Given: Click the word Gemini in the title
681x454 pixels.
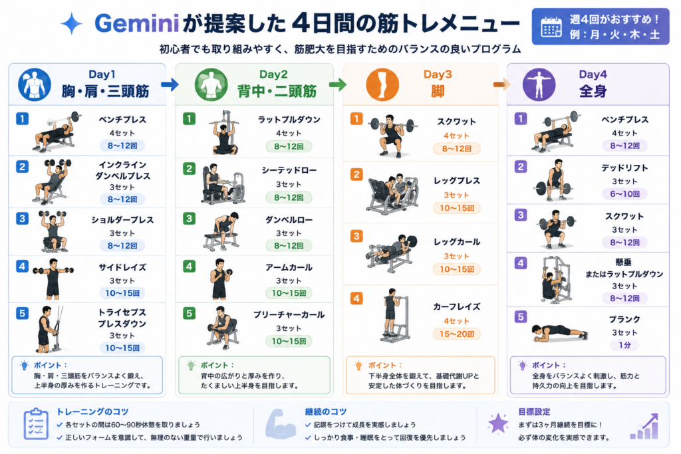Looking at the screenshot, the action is (x=137, y=23).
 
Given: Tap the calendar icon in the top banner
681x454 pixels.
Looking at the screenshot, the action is (x=551, y=27).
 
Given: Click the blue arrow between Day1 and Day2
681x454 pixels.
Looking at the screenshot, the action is (x=170, y=84).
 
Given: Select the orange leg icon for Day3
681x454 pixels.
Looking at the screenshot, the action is (x=382, y=84).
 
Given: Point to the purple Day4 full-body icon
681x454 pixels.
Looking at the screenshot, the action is (x=539, y=84).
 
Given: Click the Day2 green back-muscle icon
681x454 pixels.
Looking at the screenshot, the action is (x=211, y=84).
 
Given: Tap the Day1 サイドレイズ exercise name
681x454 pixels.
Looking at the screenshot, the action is (x=122, y=267).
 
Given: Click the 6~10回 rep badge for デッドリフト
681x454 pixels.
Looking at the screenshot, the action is (x=624, y=194).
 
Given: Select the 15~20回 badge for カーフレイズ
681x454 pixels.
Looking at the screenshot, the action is (x=456, y=334).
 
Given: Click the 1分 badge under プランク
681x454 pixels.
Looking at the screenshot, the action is (x=624, y=345).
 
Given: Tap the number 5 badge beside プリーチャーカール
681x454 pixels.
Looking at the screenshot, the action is (x=189, y=313).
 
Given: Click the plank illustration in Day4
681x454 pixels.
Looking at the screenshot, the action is (x=559, y=332).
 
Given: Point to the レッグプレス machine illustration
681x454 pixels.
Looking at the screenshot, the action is (x=392, y=194).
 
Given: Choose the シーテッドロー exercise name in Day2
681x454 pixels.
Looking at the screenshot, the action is (x=289, y=171).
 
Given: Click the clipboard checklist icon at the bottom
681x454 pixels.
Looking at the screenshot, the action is (x=36, y=424).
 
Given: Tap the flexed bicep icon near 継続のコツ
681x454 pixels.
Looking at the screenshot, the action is (x=281, y=423).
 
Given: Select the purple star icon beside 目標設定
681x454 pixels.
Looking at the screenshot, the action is (x=497, y=423).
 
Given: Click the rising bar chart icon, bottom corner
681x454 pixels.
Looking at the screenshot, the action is (x=644, y=426).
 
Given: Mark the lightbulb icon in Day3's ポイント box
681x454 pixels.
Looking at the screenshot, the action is (x=358, y=366).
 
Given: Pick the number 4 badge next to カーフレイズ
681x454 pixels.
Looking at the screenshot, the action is (x=356, y=298).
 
